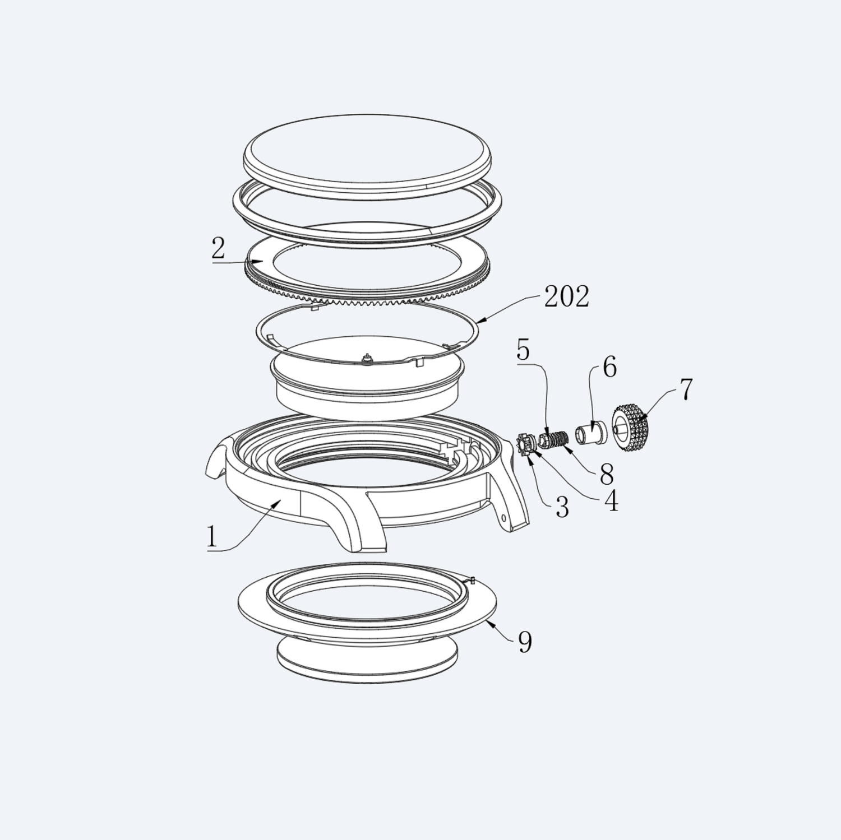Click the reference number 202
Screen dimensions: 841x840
click(x=567, y=297)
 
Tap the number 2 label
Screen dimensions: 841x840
click(x=218, y=248)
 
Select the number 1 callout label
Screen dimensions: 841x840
click(x=211, y=537)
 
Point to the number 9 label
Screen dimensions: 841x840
click(x=525, y=642)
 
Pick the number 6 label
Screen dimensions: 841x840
click(x=609, y=367)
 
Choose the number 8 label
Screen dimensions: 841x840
click(x=606, y=475)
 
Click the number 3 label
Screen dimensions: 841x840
click(x=562, y=507)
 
